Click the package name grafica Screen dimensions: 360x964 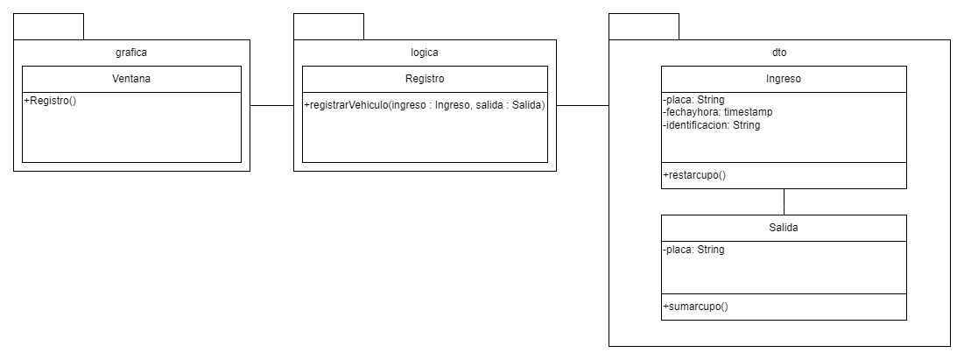(x=131, y=53)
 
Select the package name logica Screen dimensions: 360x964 (x=425, y=53)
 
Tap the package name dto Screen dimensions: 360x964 (x=779, y=53)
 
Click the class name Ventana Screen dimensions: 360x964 (x=131, y=79)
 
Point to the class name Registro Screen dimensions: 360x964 (x=425, y=79)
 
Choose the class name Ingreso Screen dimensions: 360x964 (x=784, y=79)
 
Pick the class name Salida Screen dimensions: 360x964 (x=784, y=228)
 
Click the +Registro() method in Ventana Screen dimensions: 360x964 (x=51, y=101)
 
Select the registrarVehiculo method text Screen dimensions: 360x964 (x=425, y=106)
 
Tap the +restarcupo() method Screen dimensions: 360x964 (x=694, y=175)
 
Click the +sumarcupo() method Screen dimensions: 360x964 (x=695, y=307)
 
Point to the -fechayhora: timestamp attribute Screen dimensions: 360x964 (x=717, y=112)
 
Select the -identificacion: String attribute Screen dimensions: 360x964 (x=711, y=125)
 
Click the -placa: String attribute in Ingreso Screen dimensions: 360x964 (x=693, y=100)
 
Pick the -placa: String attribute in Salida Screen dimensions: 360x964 (x=693, y=250)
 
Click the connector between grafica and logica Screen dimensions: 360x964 (x=271, y=105)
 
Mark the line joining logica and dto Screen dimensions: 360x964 (x=582, y=105)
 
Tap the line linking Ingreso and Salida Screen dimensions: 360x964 (x=784, y=201)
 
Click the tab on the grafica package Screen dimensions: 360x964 (x=49, y=26)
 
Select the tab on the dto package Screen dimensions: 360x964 (x=644, y=26)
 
